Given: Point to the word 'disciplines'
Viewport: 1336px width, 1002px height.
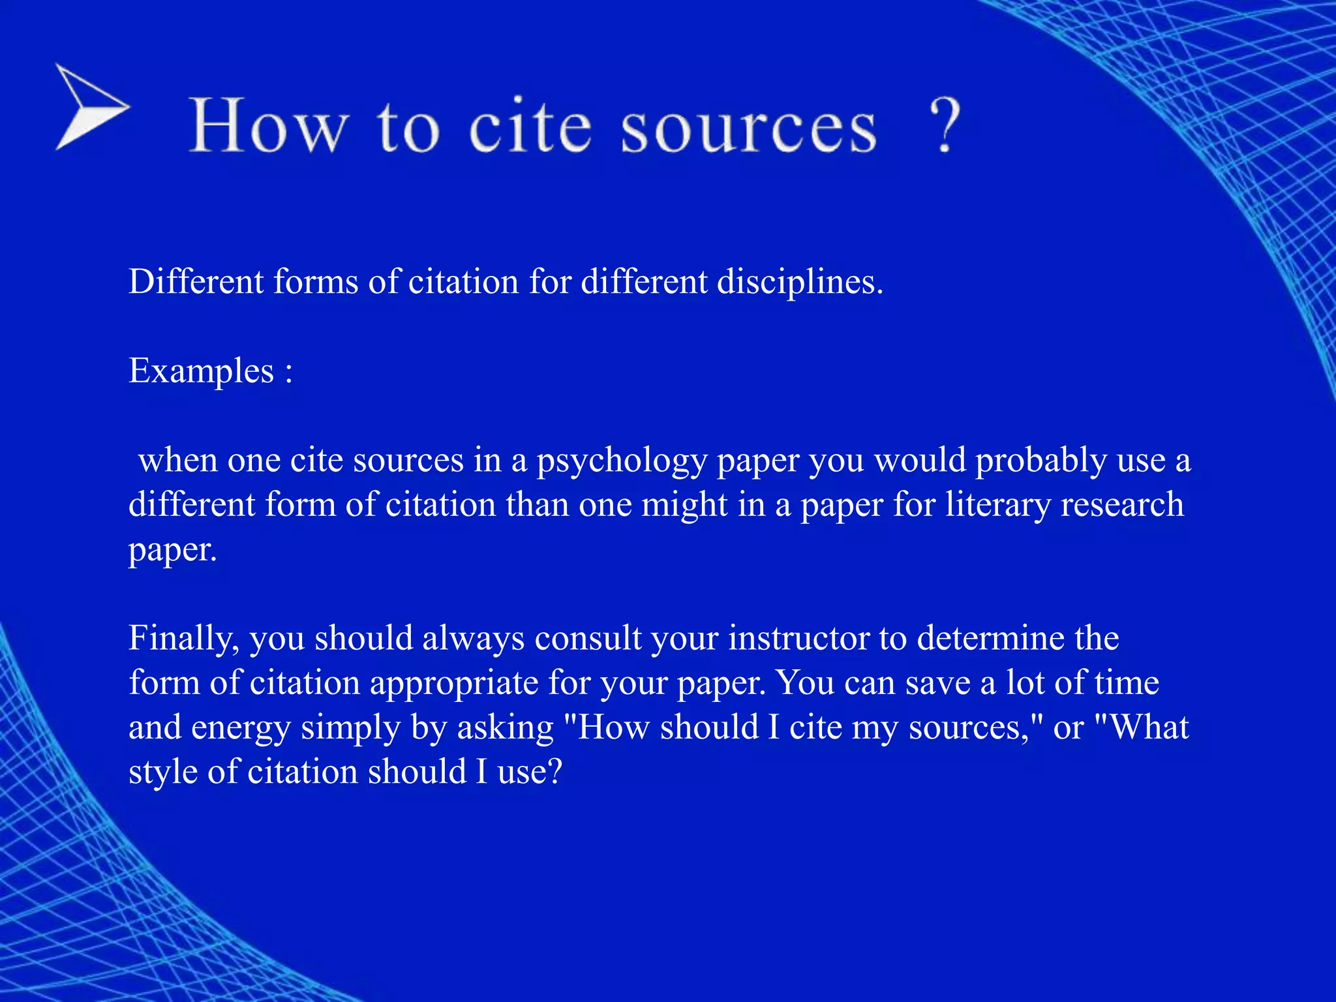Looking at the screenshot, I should click(799, 282).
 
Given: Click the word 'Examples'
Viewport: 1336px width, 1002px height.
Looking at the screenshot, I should click(201, 371).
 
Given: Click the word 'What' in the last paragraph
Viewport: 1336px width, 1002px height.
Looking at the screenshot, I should click(1149, 727).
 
